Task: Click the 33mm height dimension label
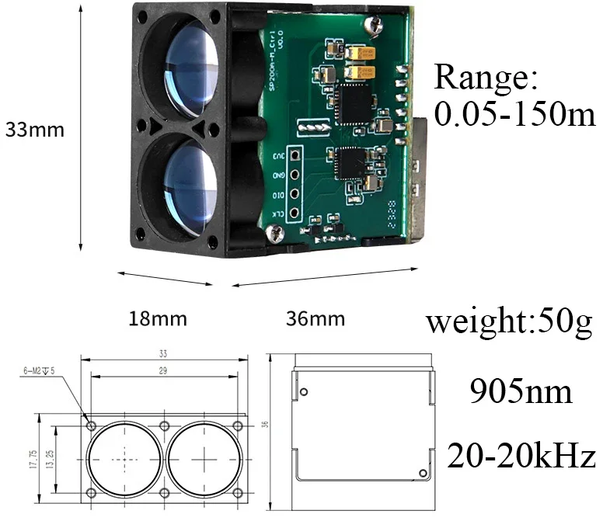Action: click(35, 130)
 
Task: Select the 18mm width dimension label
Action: click(158, 319)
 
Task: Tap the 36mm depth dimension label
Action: click(315, 319)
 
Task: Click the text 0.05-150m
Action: click(514, 115)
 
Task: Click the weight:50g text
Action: click(509, 321)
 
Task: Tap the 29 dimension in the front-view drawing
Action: click(164, 371)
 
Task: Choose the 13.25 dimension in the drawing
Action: click(52, 459)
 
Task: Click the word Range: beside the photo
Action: click(486, 78)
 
